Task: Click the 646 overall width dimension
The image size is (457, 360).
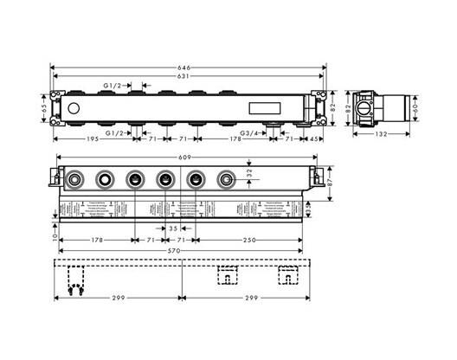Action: click(x=183, y=65)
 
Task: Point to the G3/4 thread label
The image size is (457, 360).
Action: click(x=248, y=134)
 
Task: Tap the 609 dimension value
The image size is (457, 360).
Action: click(x=184, y=157)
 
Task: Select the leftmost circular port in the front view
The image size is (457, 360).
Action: click(x=76, y=180)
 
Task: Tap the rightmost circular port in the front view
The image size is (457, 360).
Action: click(x=226, y=180)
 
